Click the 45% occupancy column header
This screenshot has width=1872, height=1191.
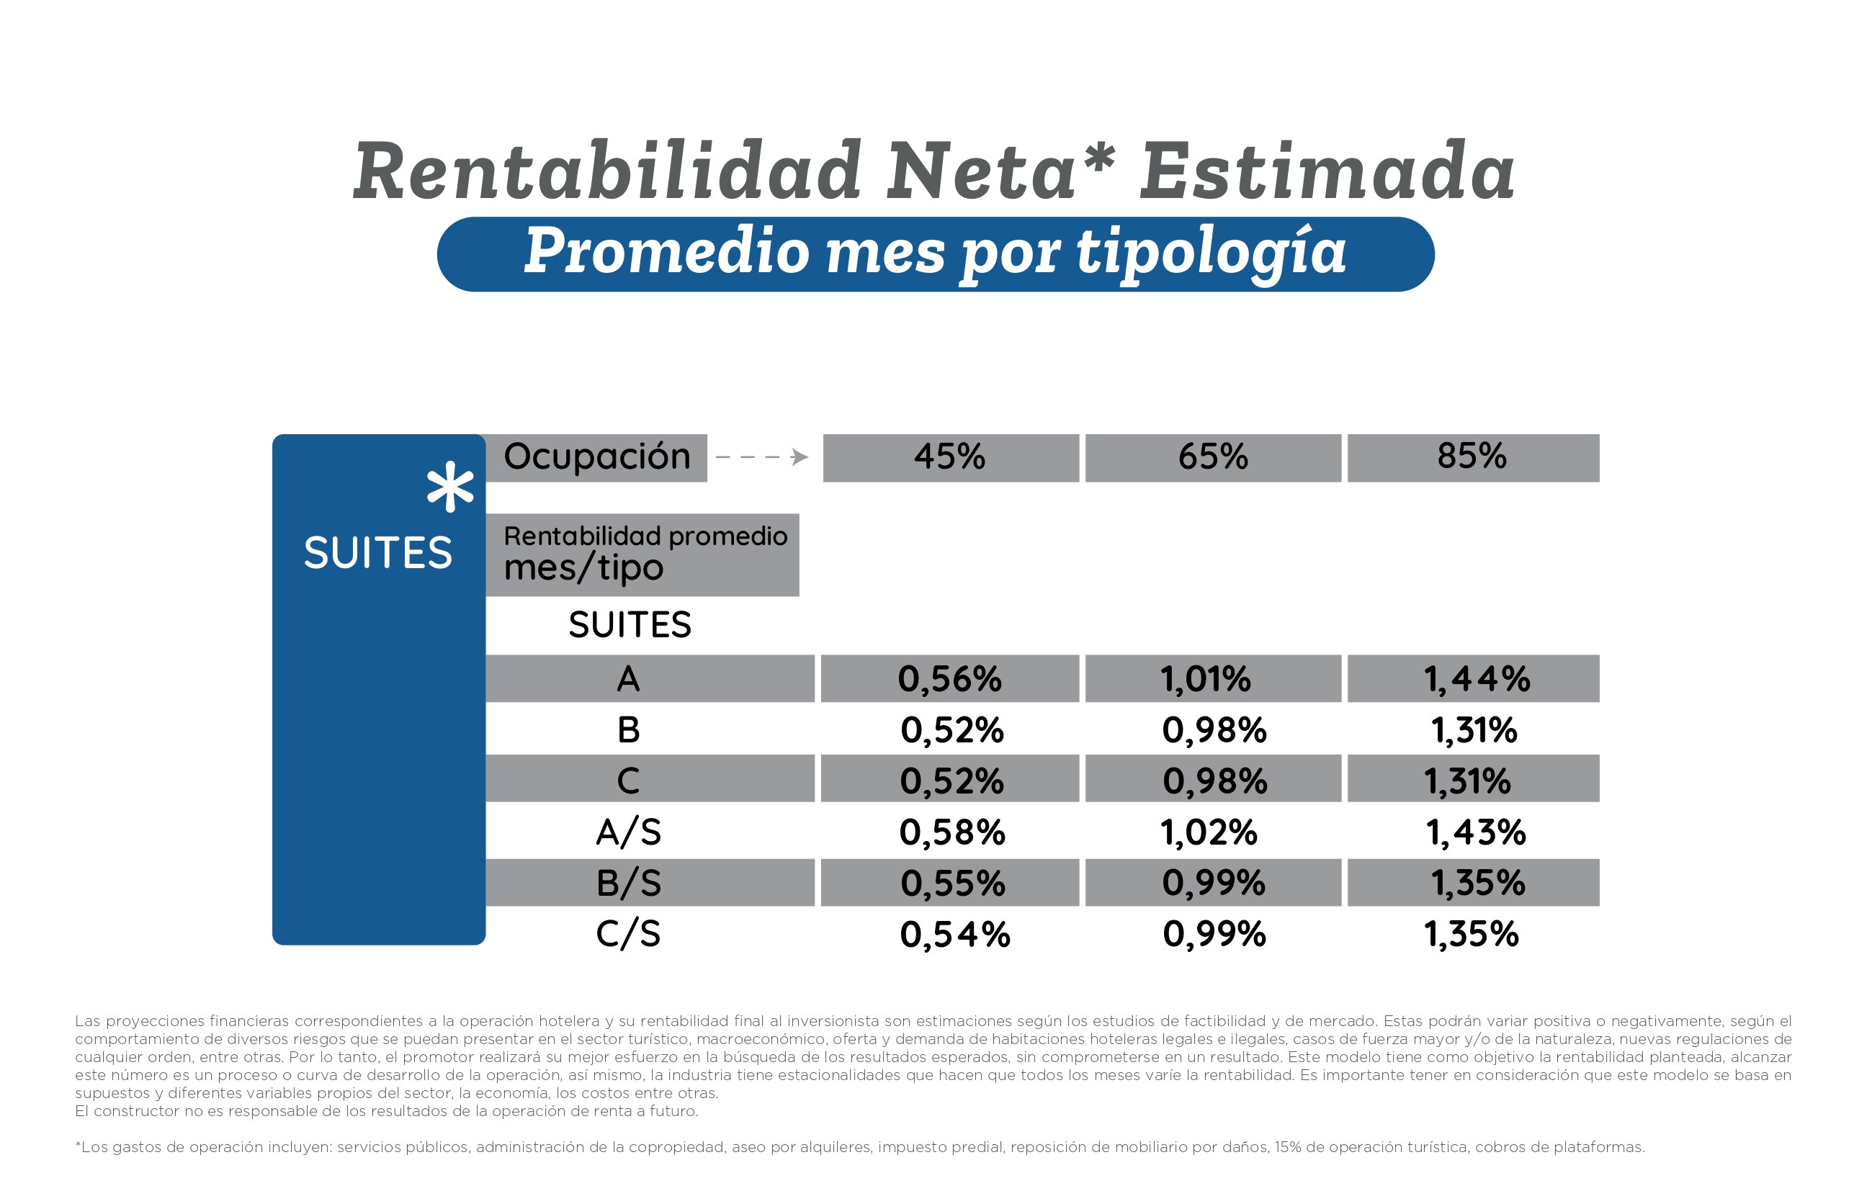(950, 457)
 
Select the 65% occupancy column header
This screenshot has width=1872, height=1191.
(1213, 457)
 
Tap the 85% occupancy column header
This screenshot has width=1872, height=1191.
(1472, 457)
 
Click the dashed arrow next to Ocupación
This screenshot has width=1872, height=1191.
(762, 457)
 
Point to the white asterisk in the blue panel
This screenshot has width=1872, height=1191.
(450, 487)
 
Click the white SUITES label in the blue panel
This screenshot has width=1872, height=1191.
(378, 554)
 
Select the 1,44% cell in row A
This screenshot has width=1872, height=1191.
(1477, 680)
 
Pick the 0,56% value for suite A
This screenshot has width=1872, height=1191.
(950, 680)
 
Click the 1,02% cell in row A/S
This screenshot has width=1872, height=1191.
(1209, 832)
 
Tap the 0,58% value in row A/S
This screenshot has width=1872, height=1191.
(952, 832)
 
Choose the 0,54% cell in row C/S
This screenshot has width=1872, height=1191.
(954, 935)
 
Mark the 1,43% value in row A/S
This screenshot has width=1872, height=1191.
(1476, 832)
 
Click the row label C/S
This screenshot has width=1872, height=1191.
(628, 935)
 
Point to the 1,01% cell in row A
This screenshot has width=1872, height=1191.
(1206, 680)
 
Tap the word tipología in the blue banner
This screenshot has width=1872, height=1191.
(1212, 253)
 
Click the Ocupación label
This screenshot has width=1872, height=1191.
(597, 457)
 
